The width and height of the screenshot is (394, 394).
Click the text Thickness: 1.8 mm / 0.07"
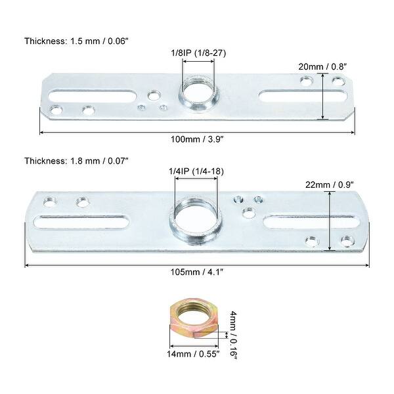pos(76,160)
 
